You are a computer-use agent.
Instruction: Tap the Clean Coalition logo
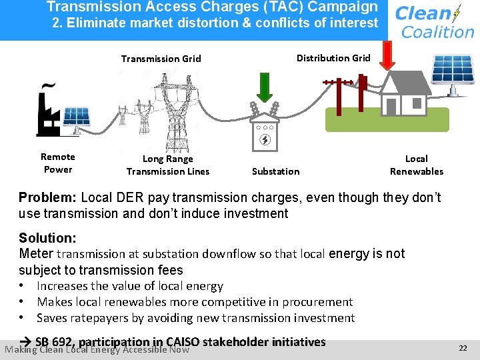coord(433,21)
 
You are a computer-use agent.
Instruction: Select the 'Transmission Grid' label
coord(161,59)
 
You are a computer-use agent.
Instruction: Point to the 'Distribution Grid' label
coord(333,58)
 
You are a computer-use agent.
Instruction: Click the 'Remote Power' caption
coord(58,163)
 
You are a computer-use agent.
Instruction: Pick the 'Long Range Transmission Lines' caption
coord(168,165)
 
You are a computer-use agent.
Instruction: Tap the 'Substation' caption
coord(275,171)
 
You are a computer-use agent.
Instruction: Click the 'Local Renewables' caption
coord(416,165)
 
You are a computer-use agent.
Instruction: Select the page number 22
coord(463,348)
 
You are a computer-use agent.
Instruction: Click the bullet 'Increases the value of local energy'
coord(129,286)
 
